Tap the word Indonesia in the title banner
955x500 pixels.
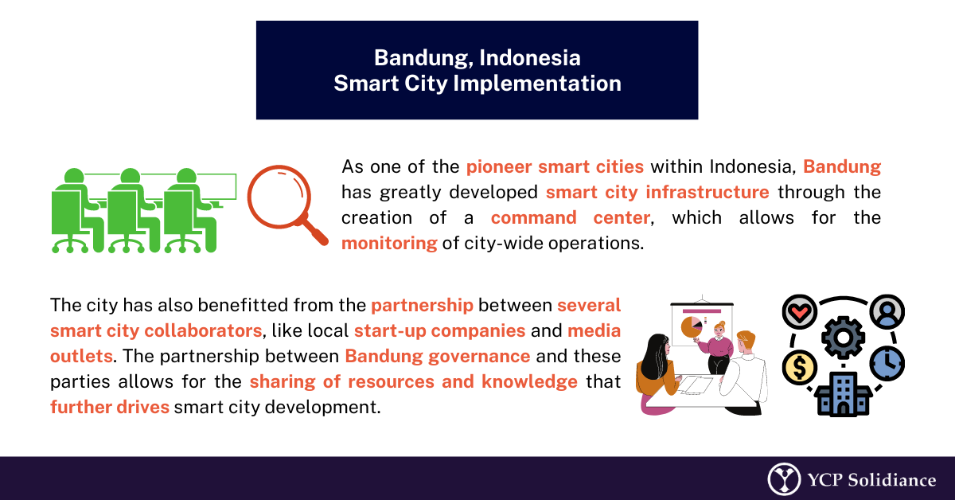(x=530, y=57)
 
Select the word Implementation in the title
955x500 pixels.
(x=537, y=83)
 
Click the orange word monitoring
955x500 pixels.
(x=389, y=243)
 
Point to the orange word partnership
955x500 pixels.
(x=422, y=306)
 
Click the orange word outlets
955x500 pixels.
(x=81, y=356)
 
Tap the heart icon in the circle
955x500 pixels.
(x=800, y=312)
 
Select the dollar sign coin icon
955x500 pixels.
(x=800, y=367)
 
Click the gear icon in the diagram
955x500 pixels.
(x=843, y=338)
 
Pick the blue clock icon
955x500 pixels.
(x=887, y=364)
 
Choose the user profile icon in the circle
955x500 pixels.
(x=887, y=312)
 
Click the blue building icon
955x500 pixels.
(x=843, y=393)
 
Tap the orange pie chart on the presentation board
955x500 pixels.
(x=691, y=328)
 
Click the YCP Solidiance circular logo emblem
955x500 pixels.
(x=784, y=479)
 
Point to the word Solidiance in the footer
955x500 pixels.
(x=892, y=480)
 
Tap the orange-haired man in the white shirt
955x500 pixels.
(x=744, y=372)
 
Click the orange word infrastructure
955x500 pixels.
(x=707, y=193)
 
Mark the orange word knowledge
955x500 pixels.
(x=529, y=382)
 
